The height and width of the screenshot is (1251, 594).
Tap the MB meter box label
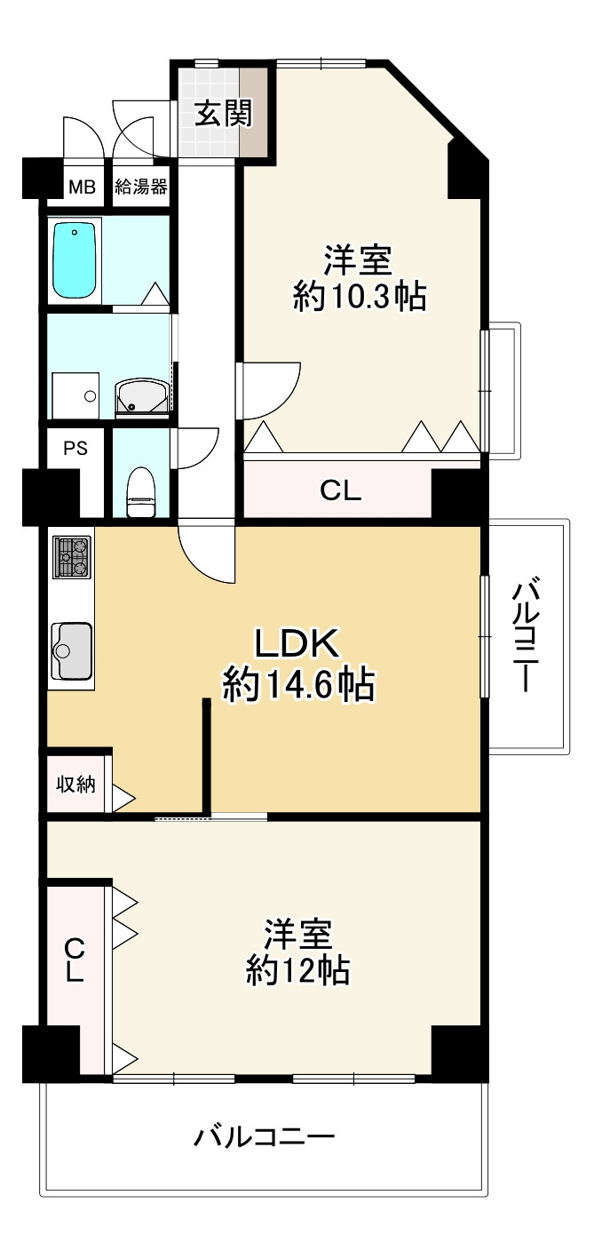(x=82, y=187)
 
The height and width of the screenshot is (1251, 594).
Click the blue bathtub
(x=75, y=260)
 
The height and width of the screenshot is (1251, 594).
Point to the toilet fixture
(x=141, y=494)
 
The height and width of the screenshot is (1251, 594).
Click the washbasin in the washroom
(x=141, y=397)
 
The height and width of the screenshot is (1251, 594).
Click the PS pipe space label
(x=75, y=449)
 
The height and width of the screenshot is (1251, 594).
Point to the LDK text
(x=298, y=641)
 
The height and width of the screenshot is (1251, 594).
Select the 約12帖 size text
(x=297, y=970)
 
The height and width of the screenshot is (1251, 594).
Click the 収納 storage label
(x=76, y=785)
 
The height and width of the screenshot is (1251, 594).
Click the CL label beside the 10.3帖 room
(x=341, y=491)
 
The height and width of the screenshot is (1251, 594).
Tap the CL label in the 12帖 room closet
(x=75, y=960)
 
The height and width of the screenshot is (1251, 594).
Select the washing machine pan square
(x=76, y=395)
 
